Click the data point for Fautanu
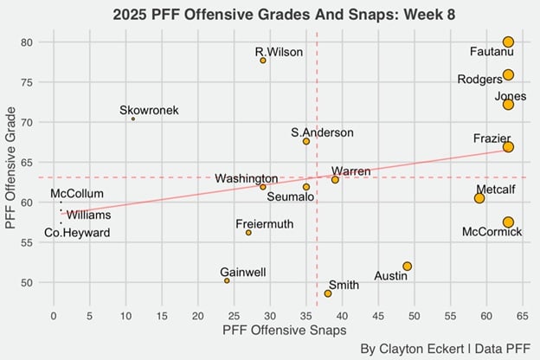click(x=508, y=42)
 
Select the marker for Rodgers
click(x=508, y=75)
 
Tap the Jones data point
click(x=508, y=105)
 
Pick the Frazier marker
click(x=508, y=147)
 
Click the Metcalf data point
click(x=479, y=198)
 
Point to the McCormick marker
click(x=508, y=222)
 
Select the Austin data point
click(x=408, y=267)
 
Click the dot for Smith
click(x=328, y=293)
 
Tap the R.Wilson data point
click(x=263, y=61)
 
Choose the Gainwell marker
click(x=227, y=280)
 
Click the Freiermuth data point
click(x=248, y=233)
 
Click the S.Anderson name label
click(x=322, y=132)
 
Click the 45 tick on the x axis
click(x=378, y=316)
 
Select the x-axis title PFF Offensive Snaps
click(x=285, y=331)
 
